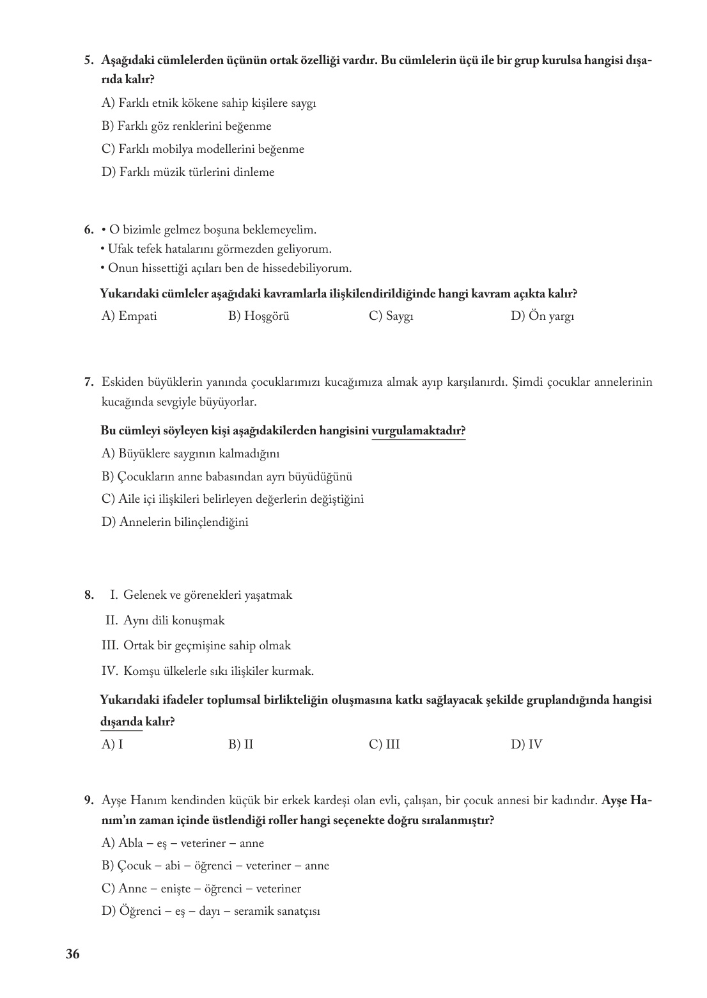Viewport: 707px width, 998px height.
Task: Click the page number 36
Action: click(72, 954)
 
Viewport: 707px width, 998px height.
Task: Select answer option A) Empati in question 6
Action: click(129, 316)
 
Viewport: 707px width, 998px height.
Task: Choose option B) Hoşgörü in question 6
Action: click(258, 316)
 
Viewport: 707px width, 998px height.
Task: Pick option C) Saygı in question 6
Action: click(391, 316)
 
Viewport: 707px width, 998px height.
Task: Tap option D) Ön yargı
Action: click(542, 316)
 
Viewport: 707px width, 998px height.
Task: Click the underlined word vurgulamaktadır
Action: click(418, 431)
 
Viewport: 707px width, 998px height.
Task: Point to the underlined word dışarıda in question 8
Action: click(121, 722)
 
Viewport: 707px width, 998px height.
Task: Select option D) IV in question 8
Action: click(526, 745)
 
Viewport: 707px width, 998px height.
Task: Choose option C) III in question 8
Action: click(384, 745)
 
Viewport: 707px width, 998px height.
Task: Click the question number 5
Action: click(89, 61)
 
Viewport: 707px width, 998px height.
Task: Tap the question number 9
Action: click(89, 800)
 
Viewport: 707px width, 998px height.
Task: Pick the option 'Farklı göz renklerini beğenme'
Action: click(186, 126)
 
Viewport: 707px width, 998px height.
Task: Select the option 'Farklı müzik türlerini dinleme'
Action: click(188, 172)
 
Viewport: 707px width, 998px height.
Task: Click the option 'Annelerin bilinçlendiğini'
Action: click(175, 522)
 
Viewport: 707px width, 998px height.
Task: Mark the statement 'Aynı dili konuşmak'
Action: click(174, 621)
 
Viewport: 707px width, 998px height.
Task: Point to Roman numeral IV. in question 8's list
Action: click(109, 672)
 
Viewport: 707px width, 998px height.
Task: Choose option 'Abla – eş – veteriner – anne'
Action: click(182, 843)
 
